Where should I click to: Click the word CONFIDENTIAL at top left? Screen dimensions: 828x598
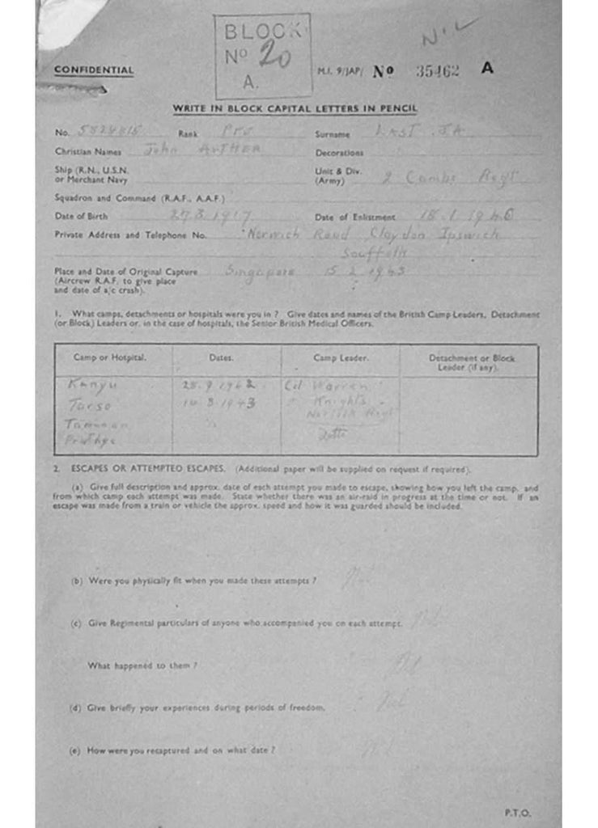point(94,70)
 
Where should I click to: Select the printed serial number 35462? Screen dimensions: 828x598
point(437,70)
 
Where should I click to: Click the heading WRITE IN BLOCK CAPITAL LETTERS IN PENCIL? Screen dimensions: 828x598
point(295,109)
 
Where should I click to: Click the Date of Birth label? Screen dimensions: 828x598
point(81,216)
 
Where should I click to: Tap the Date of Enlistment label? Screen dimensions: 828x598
point(355,217)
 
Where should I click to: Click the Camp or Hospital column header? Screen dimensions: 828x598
point(110,357)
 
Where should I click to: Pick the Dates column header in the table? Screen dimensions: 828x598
point(221,357)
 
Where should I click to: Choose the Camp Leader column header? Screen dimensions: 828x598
point(341,357)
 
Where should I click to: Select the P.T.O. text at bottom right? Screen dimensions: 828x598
point(519,813)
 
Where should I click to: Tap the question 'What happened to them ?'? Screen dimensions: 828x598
point(142,665)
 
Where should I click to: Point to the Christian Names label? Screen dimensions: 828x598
point(87,151)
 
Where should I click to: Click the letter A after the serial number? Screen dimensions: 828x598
point(487,69)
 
